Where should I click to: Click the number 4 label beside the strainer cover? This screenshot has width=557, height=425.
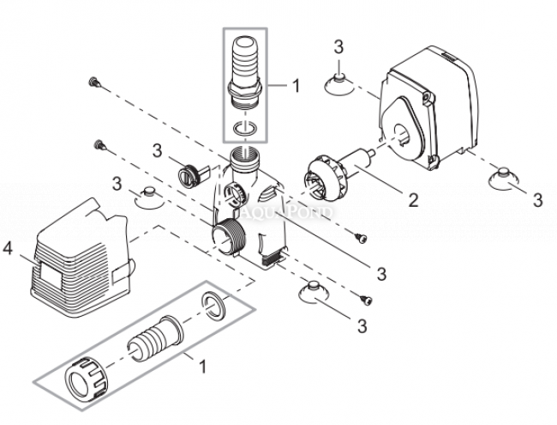[9, 250]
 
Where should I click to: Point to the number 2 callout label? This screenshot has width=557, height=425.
[413, 201]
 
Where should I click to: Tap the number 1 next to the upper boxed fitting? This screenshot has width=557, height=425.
[296, 86]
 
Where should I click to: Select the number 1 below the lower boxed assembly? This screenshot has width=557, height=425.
[203, 367]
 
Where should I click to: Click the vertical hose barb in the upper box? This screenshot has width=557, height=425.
[245, 70]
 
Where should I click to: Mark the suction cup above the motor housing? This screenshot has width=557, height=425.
[338, 83]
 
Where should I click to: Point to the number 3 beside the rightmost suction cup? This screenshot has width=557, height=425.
[537, 200]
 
